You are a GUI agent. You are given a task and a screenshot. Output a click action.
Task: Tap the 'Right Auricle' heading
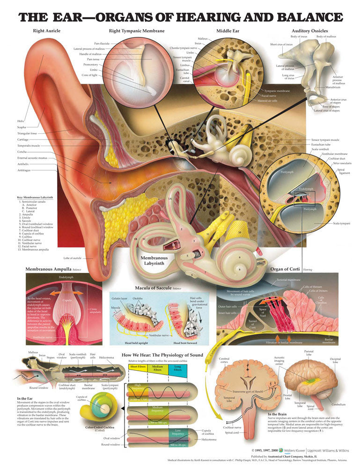(46, 31)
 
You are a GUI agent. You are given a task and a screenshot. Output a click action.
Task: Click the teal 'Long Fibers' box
(178, 368)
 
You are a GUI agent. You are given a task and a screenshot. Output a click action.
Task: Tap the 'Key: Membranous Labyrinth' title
(35, 197)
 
